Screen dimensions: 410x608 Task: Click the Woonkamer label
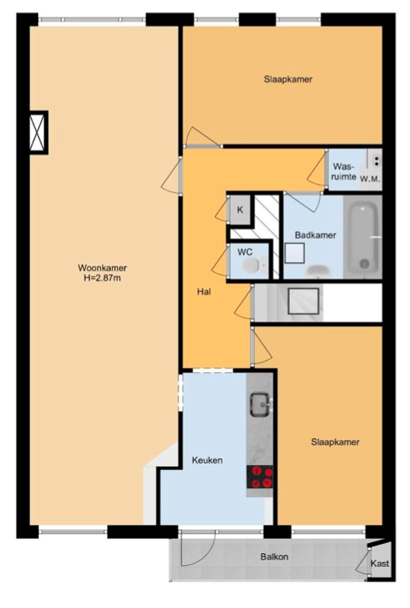coord(102,268)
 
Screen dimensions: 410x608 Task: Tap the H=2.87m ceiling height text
coord(102,278)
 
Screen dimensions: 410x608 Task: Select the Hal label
coord(204,291)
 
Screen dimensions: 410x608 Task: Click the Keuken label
coord(207,460)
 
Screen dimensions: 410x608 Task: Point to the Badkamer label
coord(315,235)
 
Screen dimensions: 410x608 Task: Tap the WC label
coord(245,252)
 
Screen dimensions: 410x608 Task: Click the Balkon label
coord(274,557)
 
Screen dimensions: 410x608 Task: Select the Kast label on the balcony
coord(379,564)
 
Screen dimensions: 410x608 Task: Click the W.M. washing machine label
coord(369,179)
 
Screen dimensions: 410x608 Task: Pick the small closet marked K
coord(240,210)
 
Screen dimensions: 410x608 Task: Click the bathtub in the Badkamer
coord(362,237)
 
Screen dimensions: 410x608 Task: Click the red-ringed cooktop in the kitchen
coord(260,477)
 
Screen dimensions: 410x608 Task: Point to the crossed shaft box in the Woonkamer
coord(38,133)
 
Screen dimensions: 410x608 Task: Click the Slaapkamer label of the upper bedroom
coord(288,79)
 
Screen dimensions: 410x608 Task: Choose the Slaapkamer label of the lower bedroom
coord(335,442)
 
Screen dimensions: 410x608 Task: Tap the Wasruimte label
coord(344,171)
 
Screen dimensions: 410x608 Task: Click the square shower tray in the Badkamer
coord(295,253)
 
